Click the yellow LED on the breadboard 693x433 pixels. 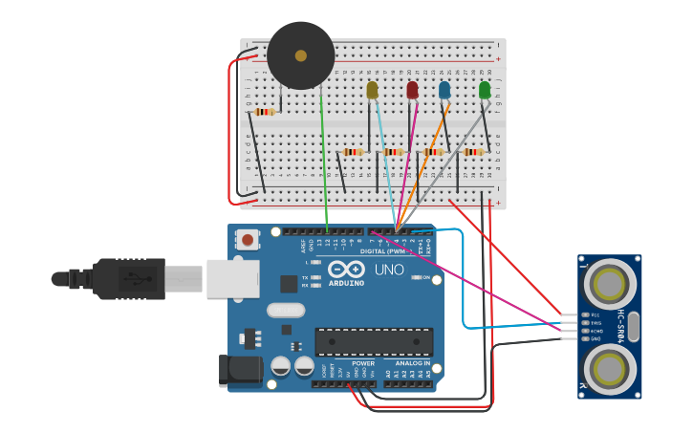[372, 90]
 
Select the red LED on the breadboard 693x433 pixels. [412, 90]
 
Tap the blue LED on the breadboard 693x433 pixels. [444, 90]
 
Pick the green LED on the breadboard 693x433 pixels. [485, 90]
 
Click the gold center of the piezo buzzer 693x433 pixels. [301, 55]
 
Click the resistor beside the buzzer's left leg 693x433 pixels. [265, 112]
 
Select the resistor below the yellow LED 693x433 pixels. [354, 151]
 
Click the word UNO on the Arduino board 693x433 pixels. [389, 271]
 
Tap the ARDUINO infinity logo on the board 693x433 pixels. [346, 270]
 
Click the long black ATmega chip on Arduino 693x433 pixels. [374, 342]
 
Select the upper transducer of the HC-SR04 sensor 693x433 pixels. [610, 284]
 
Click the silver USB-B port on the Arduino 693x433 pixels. [231, 278]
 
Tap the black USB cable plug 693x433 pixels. [129, 278]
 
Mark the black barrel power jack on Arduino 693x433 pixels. [240, 371]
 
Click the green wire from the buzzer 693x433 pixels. [325, 162]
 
